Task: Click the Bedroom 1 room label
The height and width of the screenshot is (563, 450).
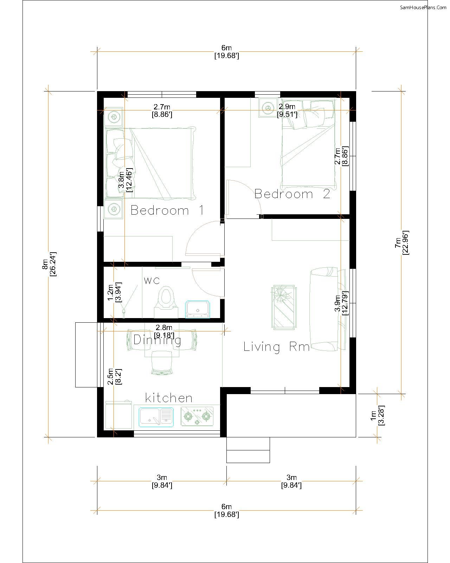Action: point(167,210)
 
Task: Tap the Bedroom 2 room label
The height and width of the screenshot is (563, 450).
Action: point(292,194)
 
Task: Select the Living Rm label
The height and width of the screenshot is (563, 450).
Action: point(276,347)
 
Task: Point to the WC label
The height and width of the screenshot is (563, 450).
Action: point(152,281)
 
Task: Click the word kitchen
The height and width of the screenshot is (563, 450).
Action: point(169,398)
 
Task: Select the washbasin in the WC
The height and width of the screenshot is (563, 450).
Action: point(198,309)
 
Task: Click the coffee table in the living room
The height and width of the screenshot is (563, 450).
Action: point(284,308)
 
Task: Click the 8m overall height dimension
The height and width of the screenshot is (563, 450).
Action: point(49,264)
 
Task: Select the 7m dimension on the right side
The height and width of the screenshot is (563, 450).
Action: point(402,242)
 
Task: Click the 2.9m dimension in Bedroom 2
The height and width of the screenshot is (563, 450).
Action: point(287,110)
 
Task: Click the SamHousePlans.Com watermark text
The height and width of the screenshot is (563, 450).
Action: point(423,7)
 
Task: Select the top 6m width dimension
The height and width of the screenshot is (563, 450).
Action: point(226,51)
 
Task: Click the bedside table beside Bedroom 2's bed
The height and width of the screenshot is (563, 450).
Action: point(268,108)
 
